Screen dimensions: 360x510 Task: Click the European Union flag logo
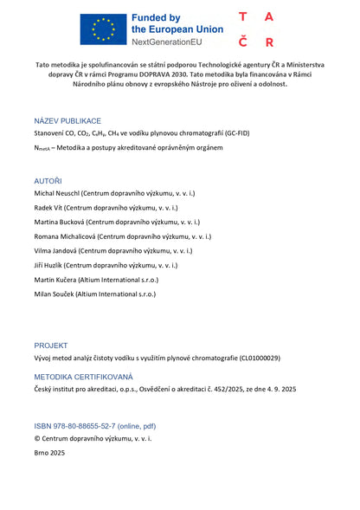pos(102,29)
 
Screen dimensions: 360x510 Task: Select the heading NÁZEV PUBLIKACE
pos(67,120)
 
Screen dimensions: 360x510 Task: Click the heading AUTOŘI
pos(48,179)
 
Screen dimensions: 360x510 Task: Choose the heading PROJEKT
pos(51,345)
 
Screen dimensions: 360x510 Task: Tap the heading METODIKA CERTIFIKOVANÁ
pos(84,377)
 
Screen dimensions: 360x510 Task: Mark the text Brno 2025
pos(49,452)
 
